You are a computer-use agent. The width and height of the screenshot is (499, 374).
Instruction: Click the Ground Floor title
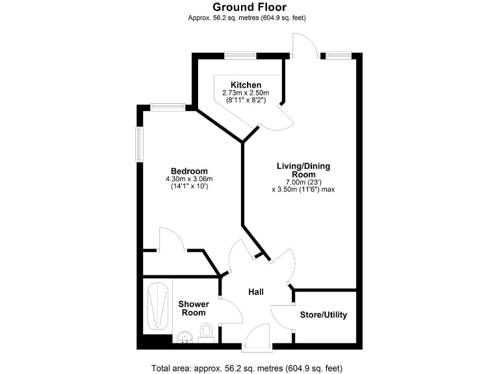click(249, 7)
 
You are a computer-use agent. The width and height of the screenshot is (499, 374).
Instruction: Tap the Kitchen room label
click(246, 85)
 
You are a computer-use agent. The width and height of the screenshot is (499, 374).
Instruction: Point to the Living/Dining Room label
click(303, 170)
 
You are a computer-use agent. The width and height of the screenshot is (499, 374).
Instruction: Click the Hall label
click(256, 292)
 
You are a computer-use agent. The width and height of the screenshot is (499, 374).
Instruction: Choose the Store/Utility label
click(323, 315)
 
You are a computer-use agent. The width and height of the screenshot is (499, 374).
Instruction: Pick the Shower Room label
click(193, 308)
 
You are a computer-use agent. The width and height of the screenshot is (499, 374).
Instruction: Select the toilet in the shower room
click(207, 331)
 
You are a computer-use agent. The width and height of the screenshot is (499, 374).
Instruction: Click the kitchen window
click(240, 55)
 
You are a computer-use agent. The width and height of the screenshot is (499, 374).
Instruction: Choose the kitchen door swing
click(285, 117)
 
